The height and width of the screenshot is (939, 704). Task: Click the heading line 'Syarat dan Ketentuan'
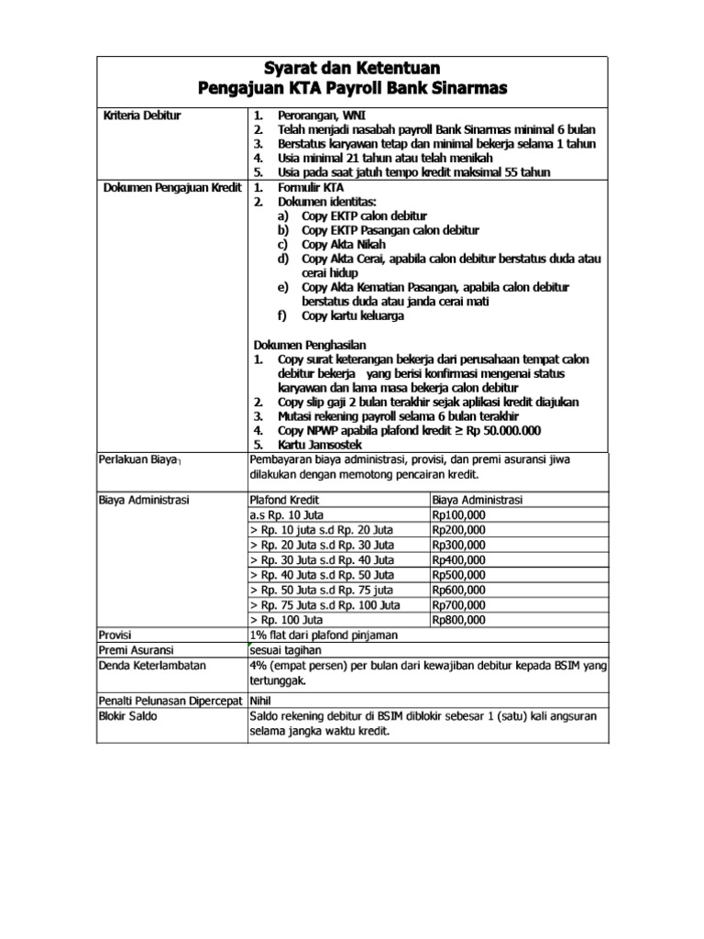(353, 68)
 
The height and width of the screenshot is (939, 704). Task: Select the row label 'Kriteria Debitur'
(141, 116)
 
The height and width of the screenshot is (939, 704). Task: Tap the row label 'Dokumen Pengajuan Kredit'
(170, 188)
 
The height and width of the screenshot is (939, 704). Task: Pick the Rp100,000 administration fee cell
(460, 515)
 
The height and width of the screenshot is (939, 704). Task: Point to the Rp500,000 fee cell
(460, 575)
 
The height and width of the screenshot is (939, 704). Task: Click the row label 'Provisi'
(116, 635)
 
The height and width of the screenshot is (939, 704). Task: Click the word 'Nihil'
(263, 701)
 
